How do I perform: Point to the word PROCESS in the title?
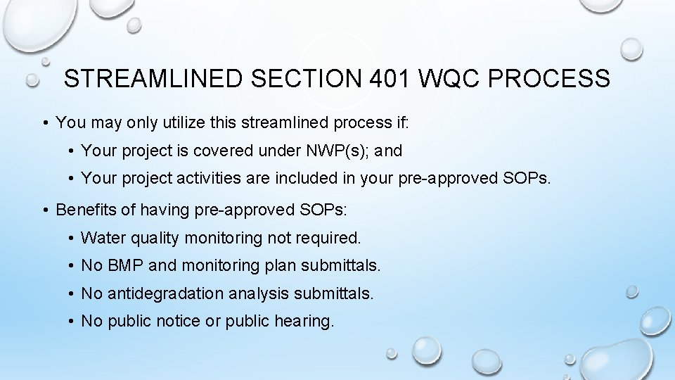point(553,79)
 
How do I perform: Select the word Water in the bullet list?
point(101,238)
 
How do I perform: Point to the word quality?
point(153,239)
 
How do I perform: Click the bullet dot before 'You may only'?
point(44,123)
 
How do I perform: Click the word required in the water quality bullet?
point(330,239)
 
